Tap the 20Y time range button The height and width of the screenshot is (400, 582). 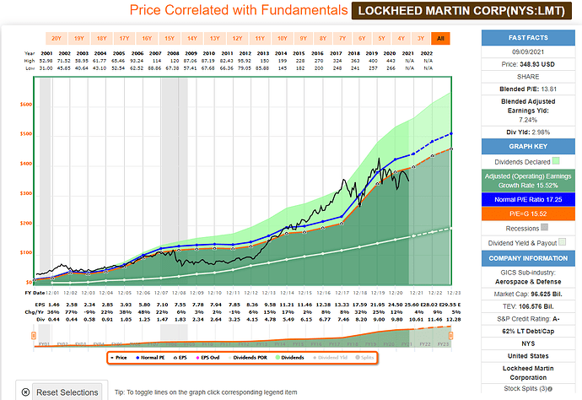click(x=56, y=38)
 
